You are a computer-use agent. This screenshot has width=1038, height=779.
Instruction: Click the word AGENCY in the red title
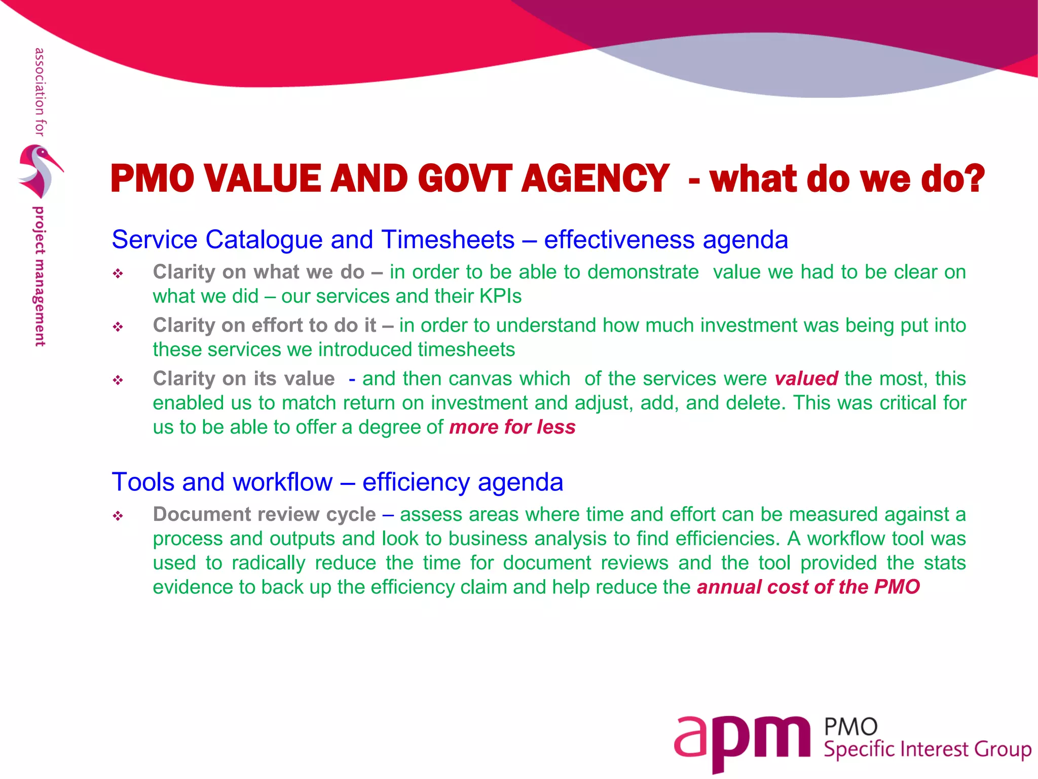click(x=595, y=179)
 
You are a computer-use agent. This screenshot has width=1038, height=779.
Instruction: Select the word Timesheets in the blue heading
click(x=448, y=239)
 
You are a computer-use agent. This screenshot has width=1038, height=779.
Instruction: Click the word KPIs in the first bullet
click(x=500, y=296)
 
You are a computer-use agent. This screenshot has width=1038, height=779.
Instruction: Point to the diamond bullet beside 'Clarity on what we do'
click(x=118, y=274)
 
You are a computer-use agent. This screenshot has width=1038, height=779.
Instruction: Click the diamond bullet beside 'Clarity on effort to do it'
click(x=118, y=327)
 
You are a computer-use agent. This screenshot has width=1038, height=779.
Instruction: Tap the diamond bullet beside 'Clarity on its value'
click(x=118, y=380)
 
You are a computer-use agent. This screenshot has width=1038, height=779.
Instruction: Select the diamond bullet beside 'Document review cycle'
click(x=118, y=516)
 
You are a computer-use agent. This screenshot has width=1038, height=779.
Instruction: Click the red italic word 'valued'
click(x=806, y=379)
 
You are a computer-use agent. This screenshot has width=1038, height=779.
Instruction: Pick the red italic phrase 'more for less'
click(x=512, y=428)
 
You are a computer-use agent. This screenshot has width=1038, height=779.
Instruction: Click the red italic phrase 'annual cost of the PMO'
click(x=808, y=587)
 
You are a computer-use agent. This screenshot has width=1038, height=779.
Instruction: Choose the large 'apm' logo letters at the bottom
click(x=742, y=740)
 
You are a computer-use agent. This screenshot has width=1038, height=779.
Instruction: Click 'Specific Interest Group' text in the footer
click(x=927, y=750)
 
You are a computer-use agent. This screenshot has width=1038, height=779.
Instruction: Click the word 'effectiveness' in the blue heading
click(x=620, y=239)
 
